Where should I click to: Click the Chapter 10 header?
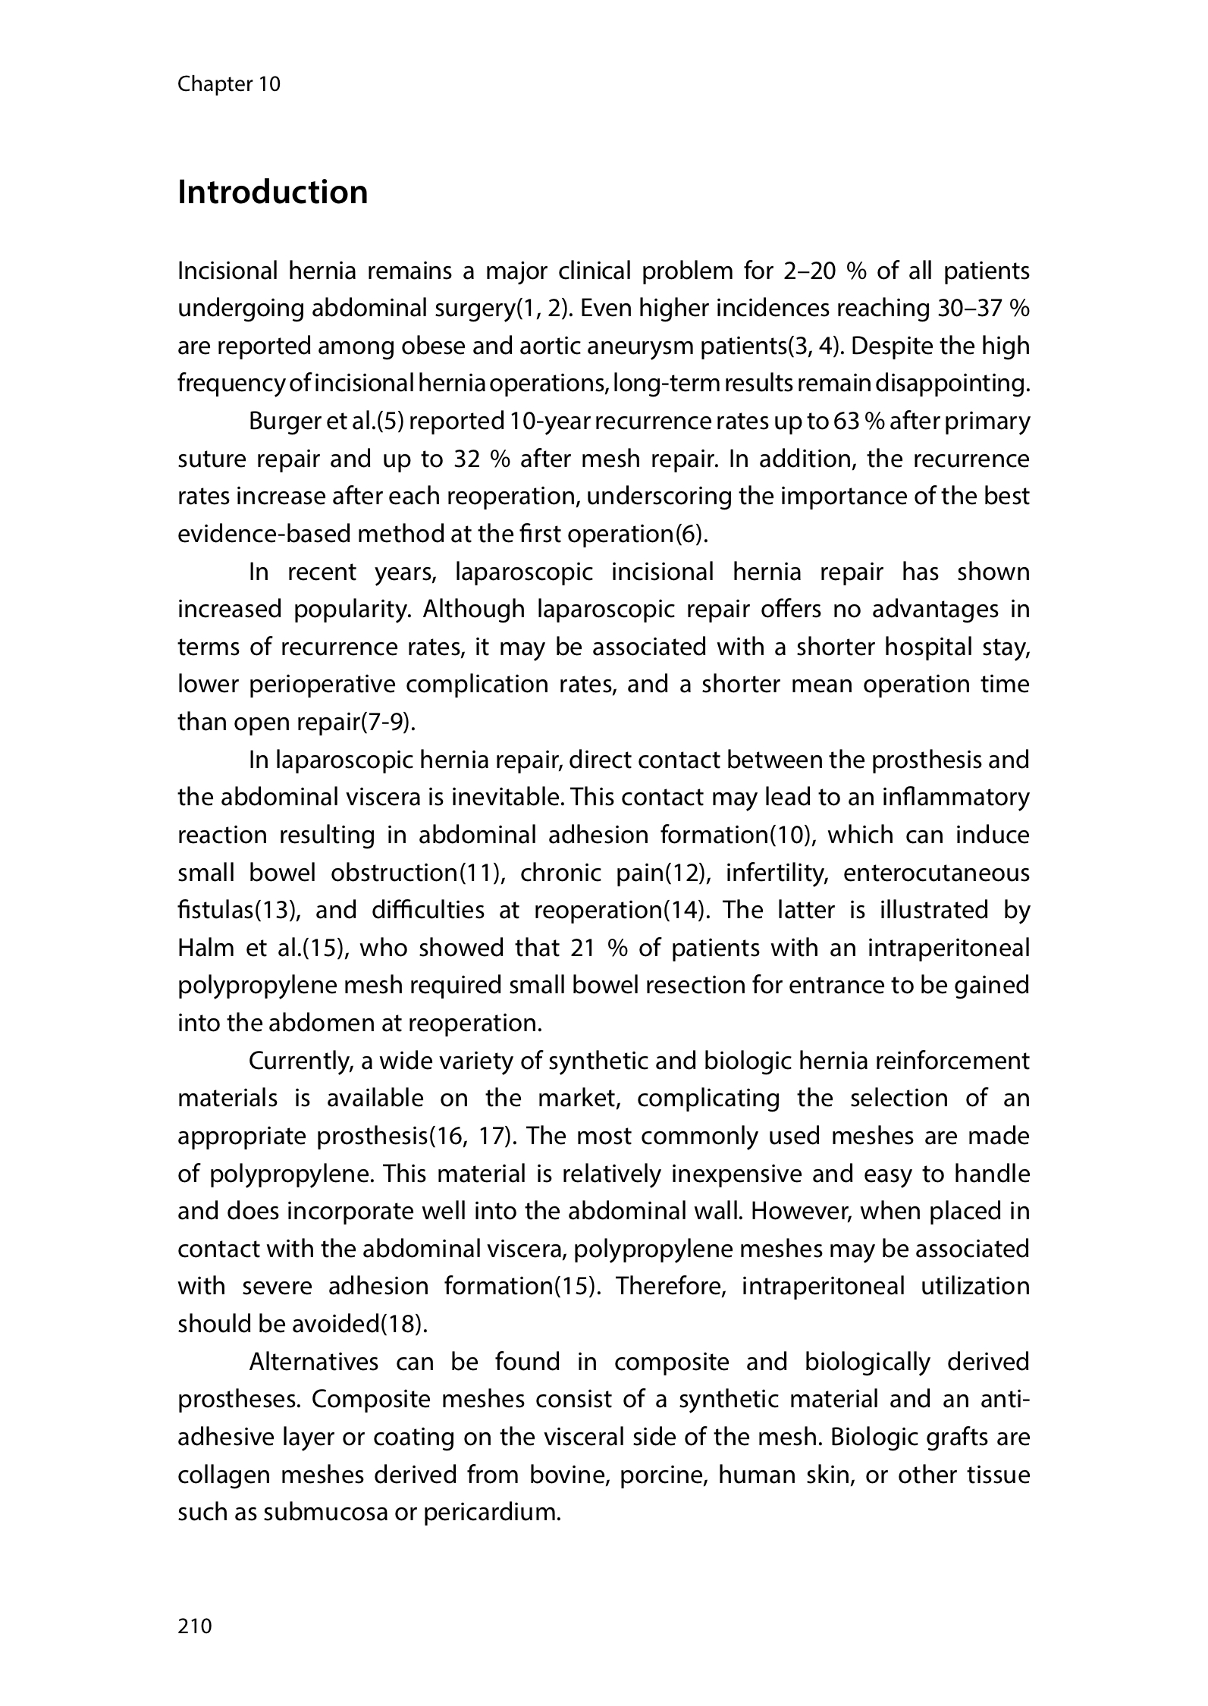(228, 84)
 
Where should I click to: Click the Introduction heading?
(272, 193)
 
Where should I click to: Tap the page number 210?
(195, 1626)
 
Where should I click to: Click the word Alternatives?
(313, 1363)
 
